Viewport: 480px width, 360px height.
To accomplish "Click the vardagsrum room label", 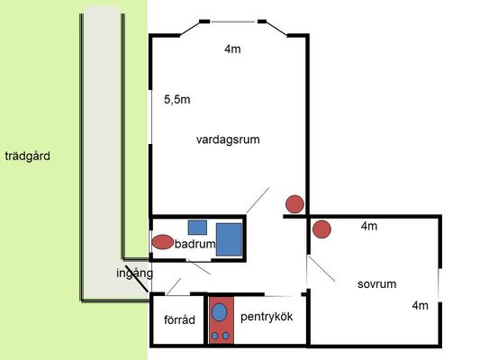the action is click(228, 139).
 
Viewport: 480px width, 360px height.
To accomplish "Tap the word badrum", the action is click(195, 244).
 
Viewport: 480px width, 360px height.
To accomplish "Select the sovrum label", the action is click(376, 284).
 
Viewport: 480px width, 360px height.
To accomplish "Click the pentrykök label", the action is click(267, 317).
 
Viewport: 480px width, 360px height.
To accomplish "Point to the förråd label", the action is click(179, 319).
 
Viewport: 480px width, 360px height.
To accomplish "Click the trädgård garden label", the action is click(28, 157).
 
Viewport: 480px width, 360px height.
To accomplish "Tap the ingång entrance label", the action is click(134, 273).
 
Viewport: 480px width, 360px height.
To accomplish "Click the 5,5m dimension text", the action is click(177, 100).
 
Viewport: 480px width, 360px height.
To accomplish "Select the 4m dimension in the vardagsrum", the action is click(232, 49).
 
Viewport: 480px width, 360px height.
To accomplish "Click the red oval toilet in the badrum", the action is click(162, 242).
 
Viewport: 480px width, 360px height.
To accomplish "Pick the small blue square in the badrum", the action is click(197, 228).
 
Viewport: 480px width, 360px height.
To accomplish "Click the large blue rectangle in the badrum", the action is click(230, 239).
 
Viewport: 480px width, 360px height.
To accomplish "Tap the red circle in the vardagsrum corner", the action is click(294, 204).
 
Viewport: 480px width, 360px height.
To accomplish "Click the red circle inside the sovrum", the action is click(322, 229).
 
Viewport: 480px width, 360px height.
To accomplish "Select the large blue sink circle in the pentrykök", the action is click(219, 312).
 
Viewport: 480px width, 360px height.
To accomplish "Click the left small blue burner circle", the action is click(215, 336).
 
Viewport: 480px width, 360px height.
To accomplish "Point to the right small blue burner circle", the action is click(226, 336).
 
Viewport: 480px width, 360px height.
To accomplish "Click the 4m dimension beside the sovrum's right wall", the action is click(420, 306).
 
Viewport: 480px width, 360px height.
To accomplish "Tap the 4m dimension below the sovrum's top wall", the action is click(369, 226).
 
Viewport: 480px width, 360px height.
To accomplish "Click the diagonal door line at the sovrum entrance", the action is click(322, 268).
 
